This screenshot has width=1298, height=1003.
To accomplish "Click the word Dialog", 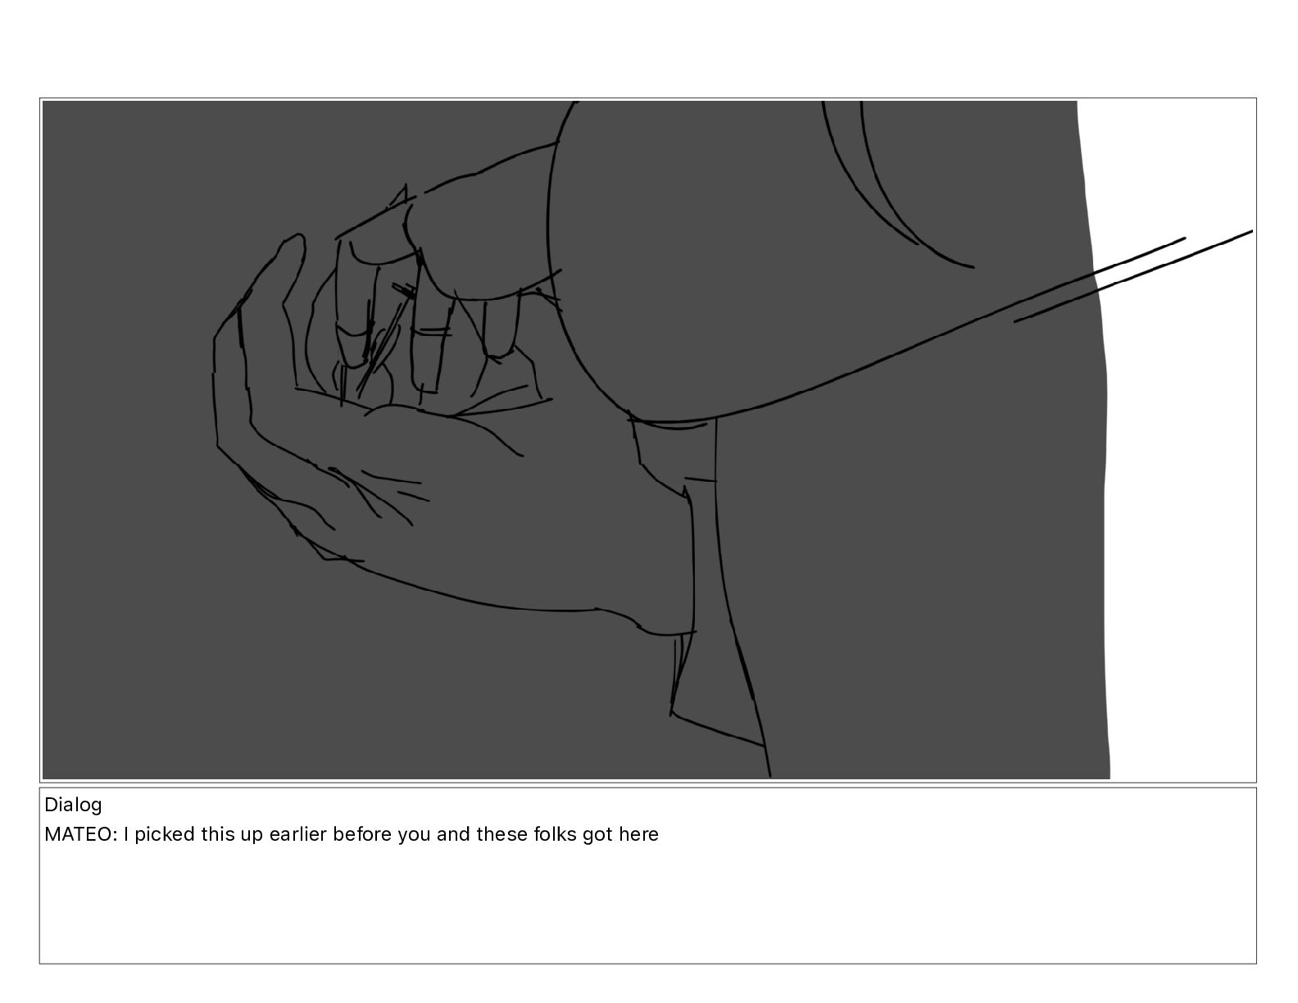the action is click(x=73, y=806).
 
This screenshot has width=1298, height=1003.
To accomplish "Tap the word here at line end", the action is click(x=638, y=834).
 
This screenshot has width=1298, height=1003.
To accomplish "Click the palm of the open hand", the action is click(x=478, y=508).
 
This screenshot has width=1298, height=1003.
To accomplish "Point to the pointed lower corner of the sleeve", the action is click(x=671, y=714).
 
